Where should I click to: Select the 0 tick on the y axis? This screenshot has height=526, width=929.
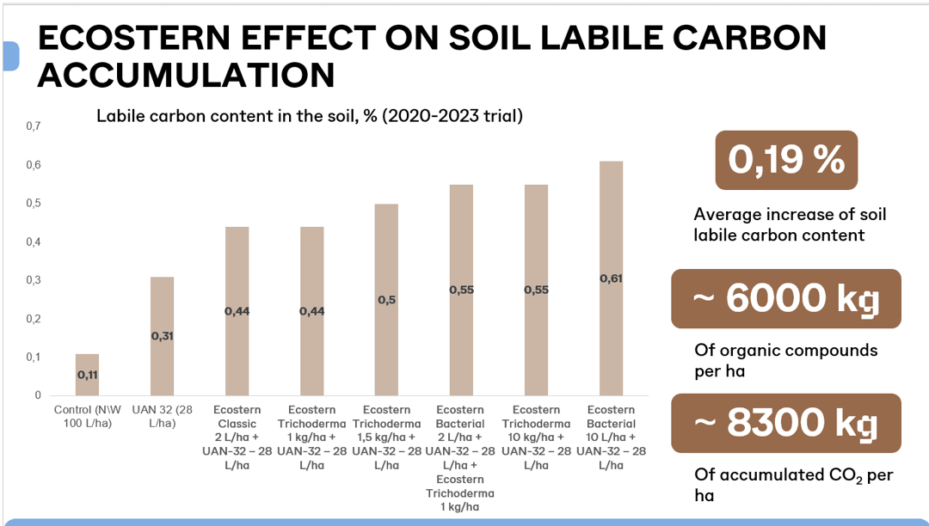point(37,395)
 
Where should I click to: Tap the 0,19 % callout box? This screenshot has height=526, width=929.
point(786,161)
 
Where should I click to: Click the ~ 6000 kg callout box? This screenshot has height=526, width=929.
point(786,298)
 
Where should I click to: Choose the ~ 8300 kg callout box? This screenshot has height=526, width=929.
point(786,423)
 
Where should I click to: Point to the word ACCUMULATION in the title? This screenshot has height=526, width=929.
point(186,75)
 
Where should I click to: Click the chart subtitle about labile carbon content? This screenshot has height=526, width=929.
point(309,115)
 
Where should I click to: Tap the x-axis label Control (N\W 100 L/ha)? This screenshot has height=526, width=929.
point(88,417)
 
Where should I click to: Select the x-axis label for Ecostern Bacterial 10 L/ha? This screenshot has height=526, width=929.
point(611,437)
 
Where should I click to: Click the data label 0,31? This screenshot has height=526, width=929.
point(162,336)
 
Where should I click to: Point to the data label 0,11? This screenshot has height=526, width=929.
point(87,376)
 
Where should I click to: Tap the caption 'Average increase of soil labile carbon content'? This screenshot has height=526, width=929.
point(790,224)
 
